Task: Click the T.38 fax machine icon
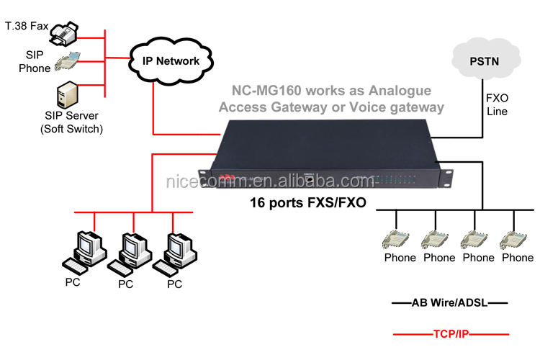(x=64, y=33)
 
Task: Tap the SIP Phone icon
(x=68, y=61)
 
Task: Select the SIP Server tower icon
(x=67, y=95)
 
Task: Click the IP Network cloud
(x=171, y=60)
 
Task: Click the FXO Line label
(x=497, y=104)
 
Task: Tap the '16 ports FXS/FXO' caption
(x=308, y=202)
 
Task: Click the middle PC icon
(x=130, y=255)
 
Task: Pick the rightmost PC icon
(x=175, y=255)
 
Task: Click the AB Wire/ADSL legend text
(x=449, y=303)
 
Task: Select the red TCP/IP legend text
(x=451, y=334)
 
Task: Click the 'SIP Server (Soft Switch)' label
(x=71, y=122)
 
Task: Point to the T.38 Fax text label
(x=27, y=26)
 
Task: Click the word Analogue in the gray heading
(x=400, y=91)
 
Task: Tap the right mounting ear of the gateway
(x=446, y=179)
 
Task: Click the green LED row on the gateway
(x=396, y=179)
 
